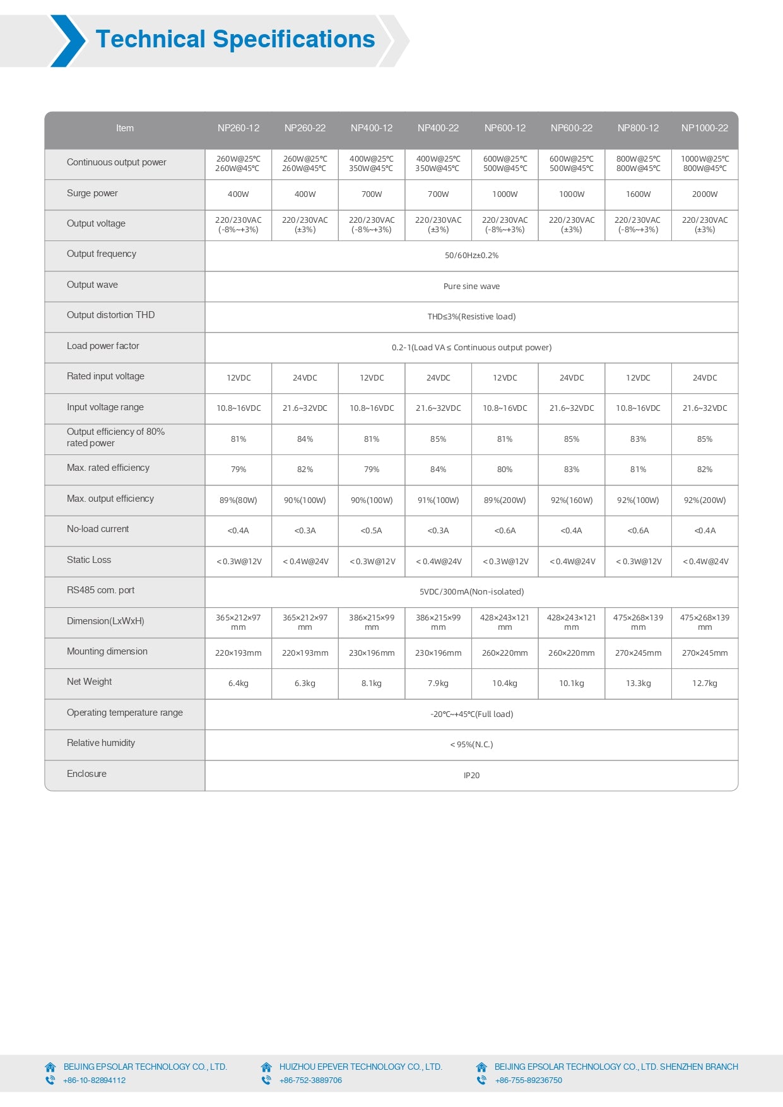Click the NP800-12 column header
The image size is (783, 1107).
638,128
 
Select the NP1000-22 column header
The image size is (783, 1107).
704,128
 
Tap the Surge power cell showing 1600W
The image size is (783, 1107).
638,194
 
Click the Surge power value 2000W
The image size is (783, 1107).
704,194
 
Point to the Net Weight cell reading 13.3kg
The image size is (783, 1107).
638,684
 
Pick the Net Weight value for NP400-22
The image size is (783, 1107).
438,684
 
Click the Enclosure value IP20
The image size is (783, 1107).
471,776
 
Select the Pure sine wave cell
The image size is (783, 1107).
471,287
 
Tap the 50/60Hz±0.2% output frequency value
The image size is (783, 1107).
471,256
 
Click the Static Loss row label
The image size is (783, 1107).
89,560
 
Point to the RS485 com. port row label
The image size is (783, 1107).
100,590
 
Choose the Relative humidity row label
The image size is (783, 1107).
101,743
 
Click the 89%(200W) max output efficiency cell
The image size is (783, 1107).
505,500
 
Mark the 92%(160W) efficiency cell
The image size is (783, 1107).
571,500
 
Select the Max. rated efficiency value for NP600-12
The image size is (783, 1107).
505,470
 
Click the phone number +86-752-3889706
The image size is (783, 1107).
310,1080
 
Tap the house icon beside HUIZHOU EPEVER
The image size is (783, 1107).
266,1067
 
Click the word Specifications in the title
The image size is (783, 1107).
294,39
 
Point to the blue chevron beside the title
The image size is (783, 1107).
68,41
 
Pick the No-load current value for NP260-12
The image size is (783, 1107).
238,531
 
